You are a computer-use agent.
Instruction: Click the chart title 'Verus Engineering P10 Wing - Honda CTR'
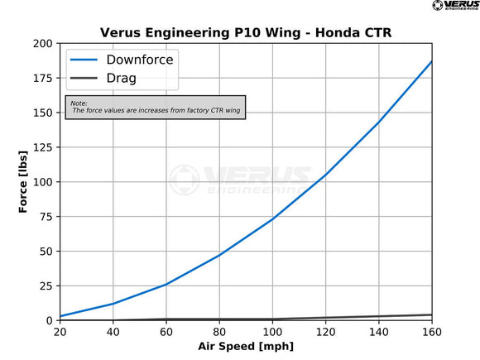click(245, 32)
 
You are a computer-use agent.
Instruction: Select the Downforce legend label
click(140, 60)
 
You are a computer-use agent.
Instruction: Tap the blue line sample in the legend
click(87, 60)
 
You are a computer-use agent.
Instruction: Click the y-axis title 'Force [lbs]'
click(24, 181)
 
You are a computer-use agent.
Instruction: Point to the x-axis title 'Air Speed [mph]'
click(245, 345)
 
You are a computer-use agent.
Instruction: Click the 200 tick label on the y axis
click(43, 43)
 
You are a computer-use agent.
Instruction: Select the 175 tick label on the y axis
click(43, 78)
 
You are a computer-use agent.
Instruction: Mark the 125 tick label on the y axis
click(43, 147)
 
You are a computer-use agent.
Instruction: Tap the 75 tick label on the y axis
click(46, 217)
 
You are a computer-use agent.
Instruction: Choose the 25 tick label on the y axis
click(46, 286)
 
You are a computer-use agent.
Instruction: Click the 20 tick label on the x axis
click(60, 332)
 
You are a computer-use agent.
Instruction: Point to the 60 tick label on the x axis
click(166, 332)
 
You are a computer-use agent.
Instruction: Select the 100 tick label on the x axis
click(272, 332)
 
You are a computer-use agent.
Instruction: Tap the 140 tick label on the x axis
click(379, 332)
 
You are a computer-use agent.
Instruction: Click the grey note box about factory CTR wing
click(156, 106)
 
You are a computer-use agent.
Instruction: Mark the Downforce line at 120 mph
click(325, 175)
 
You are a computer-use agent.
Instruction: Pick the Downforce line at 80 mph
click(219, 255)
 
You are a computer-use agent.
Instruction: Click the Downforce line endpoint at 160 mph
click(431, 62)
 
